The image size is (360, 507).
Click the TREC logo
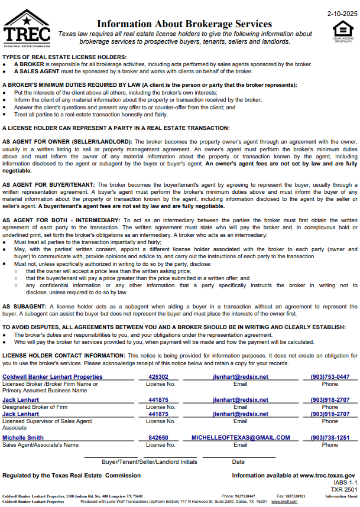(x=27, y=28)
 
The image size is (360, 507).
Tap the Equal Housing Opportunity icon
(x=342, y=32)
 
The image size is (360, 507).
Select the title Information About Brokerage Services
(x=184, y=24)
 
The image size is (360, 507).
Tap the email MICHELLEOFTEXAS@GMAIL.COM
(x=241, y=438)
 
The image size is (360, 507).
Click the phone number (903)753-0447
(x=330, y=376)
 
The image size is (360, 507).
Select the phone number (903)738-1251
(x=330, y=438)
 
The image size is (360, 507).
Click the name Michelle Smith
(x=23, y=438)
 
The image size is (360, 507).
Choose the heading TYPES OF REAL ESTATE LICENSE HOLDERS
(x=64, y=57)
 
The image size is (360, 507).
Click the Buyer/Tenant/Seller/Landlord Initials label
(x=150, y=461)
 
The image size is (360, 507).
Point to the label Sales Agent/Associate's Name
(x=40, y=445)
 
